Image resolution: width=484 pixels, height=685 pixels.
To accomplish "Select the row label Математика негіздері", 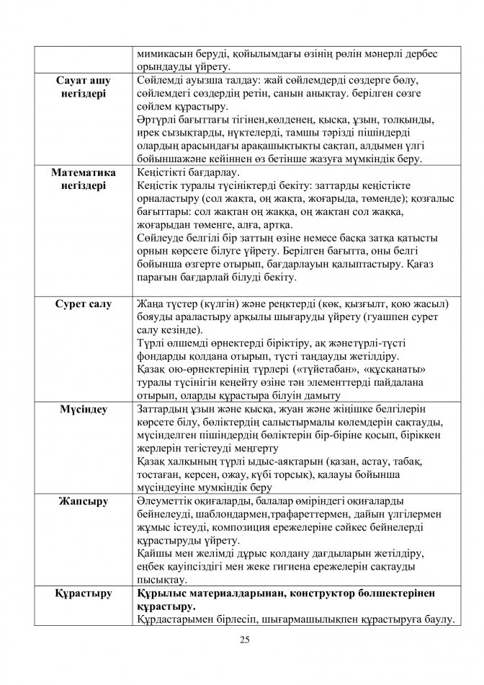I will point(82,180).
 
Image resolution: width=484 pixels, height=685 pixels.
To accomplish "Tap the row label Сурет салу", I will point(82,304).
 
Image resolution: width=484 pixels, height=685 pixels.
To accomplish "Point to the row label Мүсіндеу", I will point(82,410).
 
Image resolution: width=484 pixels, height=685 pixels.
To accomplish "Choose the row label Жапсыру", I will point(82,501).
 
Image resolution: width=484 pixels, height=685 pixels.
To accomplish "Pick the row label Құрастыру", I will point(82,593).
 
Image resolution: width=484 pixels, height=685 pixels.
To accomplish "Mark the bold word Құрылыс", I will point(163,593).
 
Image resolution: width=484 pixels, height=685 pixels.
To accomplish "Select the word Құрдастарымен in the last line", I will point(176,619).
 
